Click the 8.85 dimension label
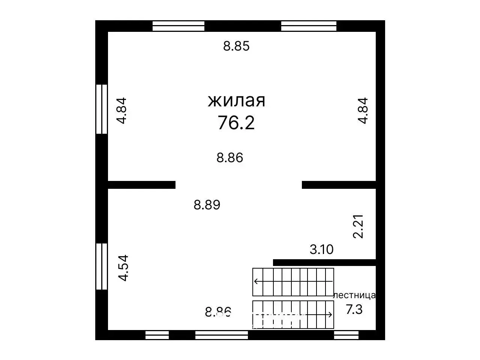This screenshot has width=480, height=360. pos(236,46)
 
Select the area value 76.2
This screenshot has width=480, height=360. pos(236,122)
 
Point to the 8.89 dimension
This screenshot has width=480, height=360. pos(207,205)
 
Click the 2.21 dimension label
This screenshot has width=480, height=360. pos(358,226)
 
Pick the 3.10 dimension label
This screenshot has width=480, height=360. pos(322,249)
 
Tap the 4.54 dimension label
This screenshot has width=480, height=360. pos(123,268)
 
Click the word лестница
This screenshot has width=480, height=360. pos(354,296)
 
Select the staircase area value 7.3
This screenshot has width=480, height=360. pos(354,309)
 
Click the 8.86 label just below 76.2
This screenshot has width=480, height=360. pos(230,158)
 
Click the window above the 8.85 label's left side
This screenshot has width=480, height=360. pos(178,26)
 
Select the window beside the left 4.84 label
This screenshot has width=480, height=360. pos(102,109)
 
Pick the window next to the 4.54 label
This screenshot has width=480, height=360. pos(102,266)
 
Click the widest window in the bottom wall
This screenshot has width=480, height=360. pos(222,335)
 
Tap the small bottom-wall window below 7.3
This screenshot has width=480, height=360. pos(346,335)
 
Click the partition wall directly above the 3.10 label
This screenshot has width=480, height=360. pos(324,262)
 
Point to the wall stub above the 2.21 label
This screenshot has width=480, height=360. pos(339,185)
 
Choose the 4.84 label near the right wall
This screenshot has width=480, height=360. pos(363,111)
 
